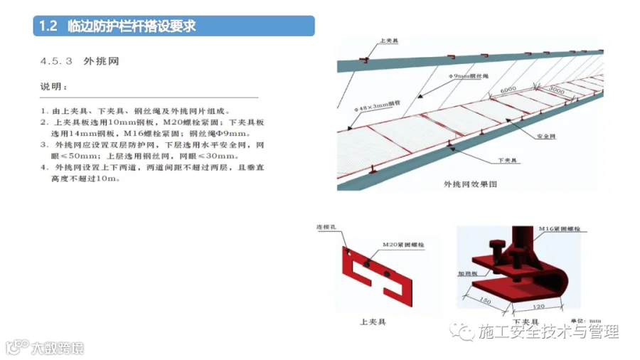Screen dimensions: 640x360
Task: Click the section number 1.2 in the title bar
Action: [47, 26]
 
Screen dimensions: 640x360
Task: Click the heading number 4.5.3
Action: [57, 62]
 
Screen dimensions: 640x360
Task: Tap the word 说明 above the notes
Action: [54, 88]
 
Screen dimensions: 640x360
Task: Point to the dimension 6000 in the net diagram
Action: [508, 90]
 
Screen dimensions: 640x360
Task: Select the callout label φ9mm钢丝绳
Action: [466, 75]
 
